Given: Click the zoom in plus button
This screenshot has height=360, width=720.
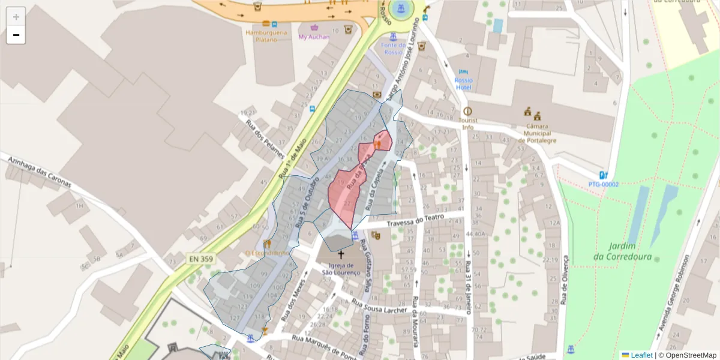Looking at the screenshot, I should point(16,17).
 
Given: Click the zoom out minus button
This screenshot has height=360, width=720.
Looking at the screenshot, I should point(16,35).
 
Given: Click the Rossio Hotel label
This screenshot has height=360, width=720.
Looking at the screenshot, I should point(463,83).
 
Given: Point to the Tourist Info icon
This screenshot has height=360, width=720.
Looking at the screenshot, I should point(467,111).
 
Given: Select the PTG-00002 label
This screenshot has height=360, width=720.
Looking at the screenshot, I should point(603,184).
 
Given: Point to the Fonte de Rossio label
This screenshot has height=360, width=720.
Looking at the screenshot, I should point(393,49).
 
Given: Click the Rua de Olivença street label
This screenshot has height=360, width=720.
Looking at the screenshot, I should point(564,280).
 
